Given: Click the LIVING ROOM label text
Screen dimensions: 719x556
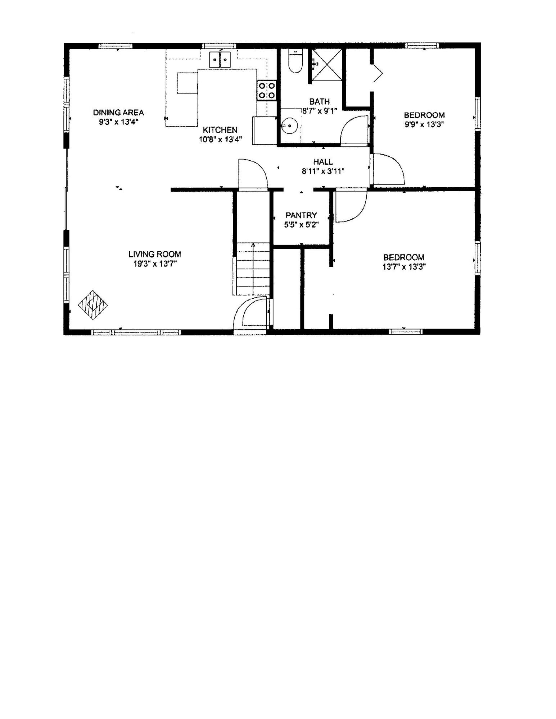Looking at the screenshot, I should coord(155,254).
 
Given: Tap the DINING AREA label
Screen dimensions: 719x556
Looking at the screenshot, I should coord(118,113).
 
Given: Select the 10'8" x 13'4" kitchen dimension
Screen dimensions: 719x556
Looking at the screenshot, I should coord(220,139).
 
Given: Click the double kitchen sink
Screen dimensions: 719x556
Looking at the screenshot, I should coord(220,59).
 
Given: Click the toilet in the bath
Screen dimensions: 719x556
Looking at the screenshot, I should coord(295,62).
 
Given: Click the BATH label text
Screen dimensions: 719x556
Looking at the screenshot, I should coord(320,101).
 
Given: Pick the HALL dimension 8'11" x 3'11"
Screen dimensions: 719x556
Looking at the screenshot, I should coord(323,171).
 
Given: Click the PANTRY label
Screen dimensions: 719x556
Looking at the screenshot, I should coord(301,215).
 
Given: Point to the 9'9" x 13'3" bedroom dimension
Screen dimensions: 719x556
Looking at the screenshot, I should coord(424,124).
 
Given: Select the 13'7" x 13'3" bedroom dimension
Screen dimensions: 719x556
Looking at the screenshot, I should coord(404,267).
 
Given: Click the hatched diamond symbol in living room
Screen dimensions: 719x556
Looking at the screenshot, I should coord(93,305).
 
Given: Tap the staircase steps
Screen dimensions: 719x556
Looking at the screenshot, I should coord(253,269).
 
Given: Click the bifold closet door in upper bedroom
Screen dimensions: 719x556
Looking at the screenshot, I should coord(377,73).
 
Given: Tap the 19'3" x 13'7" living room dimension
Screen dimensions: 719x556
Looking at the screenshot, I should coord(155,264).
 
